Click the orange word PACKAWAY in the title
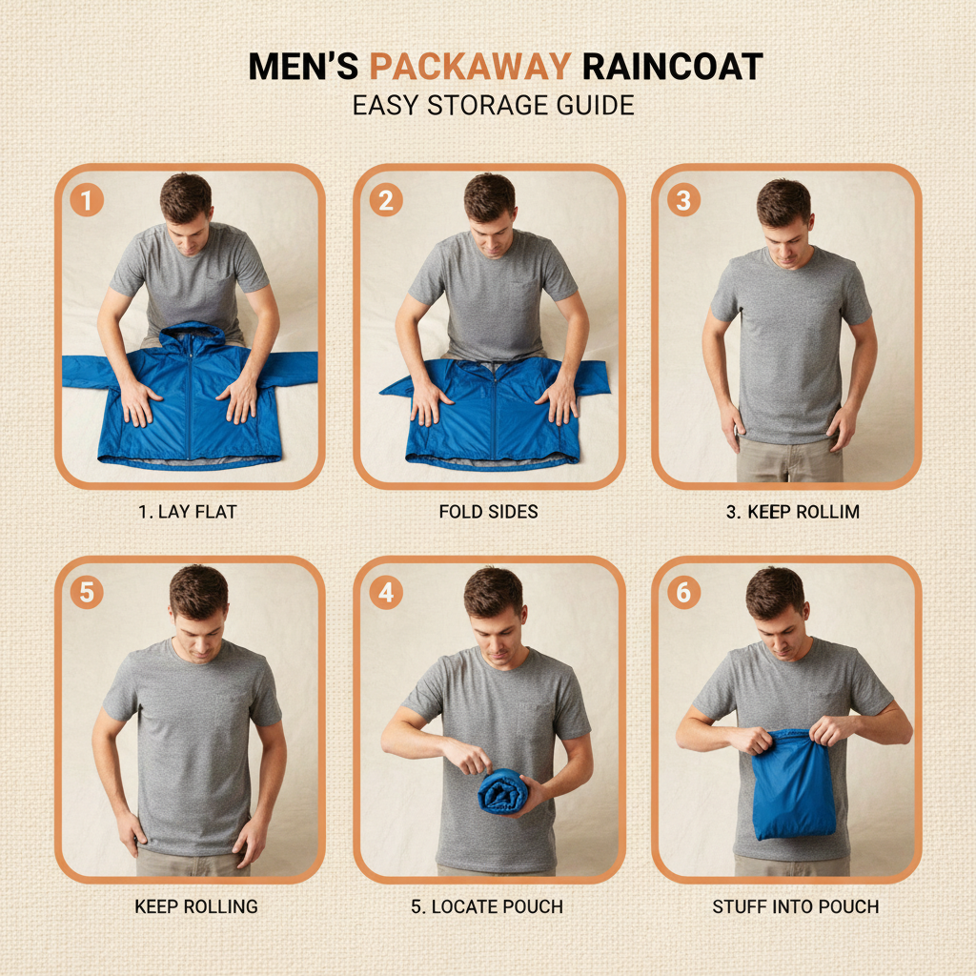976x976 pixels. pos(469,67)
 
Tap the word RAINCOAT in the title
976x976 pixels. pos(672,67)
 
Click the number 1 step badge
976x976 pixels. pos(87,200)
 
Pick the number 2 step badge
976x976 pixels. pos(386,200)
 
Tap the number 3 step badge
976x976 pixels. pos(683,200)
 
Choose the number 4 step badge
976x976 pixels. pos(386,592)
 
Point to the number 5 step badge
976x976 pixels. pos(87,592)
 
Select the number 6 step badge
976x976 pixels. pos(683,592)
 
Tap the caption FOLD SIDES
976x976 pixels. pos(489,512)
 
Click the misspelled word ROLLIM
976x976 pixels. pos(828,512)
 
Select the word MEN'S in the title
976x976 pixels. pos(303,67)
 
